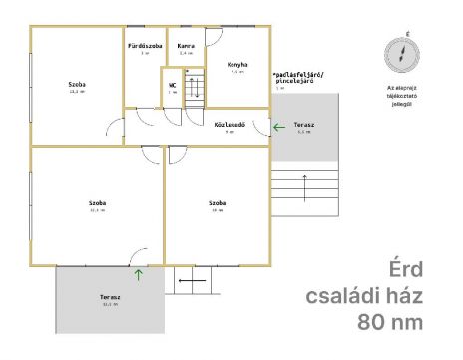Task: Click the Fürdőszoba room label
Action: tap(143, 47)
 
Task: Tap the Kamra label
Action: tap(185, 47)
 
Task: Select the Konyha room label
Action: tap(236, 63)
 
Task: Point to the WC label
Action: tap(172, 85)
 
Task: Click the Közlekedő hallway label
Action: tap(230, 124)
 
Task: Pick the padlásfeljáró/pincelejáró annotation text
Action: tap(305, 78)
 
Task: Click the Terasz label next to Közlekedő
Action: tap(304, 124)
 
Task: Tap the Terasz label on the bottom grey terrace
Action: tap(110, 297)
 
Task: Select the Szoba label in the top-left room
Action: tap(76, 83)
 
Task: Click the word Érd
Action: tap(405, 270)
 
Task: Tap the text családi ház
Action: tap(365, 296)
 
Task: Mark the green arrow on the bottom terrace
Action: tap(138, 272)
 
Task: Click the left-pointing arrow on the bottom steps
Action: tap(192, 281)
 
